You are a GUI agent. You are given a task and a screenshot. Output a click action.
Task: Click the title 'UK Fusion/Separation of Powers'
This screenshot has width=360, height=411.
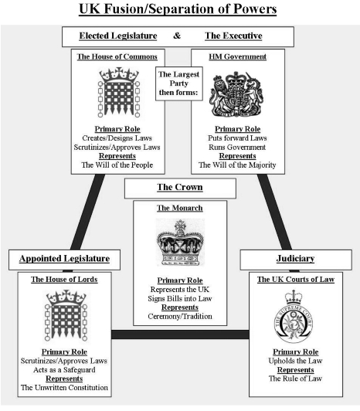178,9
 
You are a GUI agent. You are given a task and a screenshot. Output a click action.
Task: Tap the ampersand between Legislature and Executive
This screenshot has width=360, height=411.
177,36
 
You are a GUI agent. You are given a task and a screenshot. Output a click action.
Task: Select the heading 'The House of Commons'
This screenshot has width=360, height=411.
117,56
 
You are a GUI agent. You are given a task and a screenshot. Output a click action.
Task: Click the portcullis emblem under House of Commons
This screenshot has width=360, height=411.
119,92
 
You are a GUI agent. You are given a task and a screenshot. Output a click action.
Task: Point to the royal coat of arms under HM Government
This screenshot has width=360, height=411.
236,94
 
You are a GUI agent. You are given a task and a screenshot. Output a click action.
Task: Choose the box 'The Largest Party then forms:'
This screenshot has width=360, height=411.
179,83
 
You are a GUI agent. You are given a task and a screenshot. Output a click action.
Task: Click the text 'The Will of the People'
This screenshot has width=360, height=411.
117,165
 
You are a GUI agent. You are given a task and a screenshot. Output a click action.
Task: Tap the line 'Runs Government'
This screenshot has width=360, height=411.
237,147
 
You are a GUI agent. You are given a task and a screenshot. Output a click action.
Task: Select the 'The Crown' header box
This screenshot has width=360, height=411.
180,189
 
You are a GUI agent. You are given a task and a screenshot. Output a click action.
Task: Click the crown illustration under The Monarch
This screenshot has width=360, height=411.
180,243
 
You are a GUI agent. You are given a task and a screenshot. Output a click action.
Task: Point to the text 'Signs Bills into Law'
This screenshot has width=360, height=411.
180,298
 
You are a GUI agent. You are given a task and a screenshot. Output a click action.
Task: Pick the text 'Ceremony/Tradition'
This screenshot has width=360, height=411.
180,316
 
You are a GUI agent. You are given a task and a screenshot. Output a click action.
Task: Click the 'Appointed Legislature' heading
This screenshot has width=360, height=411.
64,259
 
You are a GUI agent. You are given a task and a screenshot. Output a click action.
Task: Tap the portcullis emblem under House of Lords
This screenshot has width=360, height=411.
66,315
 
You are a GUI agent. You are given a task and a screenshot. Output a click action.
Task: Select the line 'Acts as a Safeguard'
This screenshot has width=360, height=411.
64,370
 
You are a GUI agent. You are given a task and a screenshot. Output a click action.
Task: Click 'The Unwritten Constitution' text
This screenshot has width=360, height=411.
64,387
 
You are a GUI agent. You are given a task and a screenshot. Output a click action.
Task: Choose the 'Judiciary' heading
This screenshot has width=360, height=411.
296,259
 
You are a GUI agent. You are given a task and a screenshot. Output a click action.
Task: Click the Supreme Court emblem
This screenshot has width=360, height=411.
294,317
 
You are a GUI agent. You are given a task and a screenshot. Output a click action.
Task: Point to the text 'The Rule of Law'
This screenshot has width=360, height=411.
296,379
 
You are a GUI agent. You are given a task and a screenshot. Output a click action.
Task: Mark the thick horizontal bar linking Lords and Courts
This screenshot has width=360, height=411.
180,335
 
